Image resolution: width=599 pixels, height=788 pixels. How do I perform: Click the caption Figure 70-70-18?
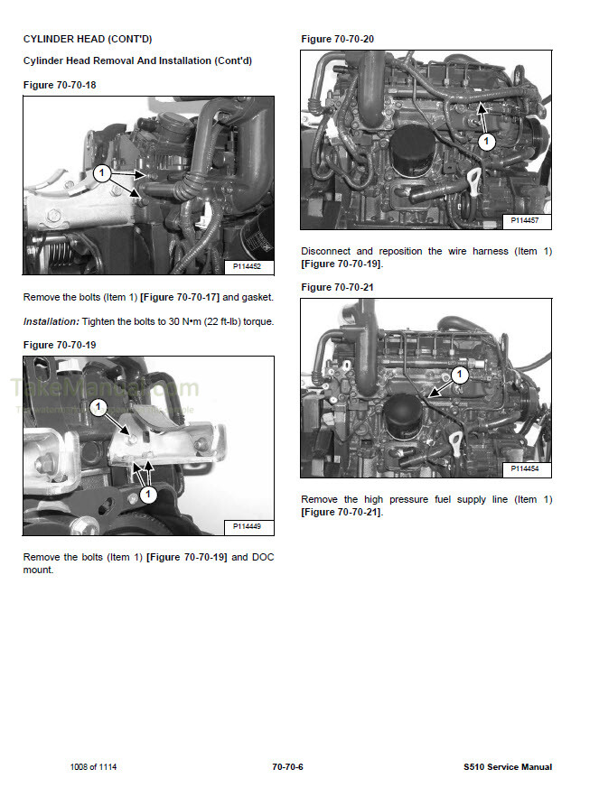click(59, 84)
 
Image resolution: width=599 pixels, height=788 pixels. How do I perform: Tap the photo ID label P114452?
click(247, 266)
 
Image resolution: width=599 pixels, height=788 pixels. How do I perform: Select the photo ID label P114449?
click(247, 526)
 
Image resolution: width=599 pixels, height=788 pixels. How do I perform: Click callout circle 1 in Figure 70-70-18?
click(102, 172)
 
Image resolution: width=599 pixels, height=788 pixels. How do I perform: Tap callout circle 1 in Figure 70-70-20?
click(487, 141)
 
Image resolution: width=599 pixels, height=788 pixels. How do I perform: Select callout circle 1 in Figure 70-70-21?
click(460, 373)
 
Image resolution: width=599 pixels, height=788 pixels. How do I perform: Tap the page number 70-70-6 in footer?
click(287, 767)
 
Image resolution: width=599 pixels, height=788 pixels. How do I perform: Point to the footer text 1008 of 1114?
click(93, 767)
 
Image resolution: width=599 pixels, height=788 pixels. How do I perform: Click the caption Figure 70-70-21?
click(337, 287)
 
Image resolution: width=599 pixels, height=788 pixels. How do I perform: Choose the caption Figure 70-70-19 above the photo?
click(59, 345)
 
